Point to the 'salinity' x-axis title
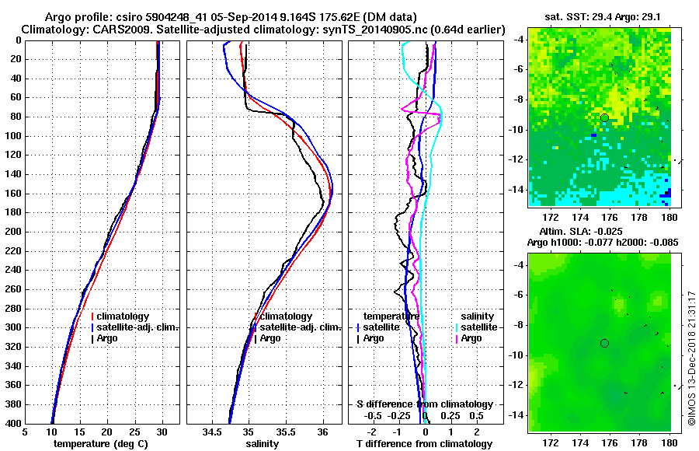coord(264,444)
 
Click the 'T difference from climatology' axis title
coord(426,444)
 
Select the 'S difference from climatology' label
coord(425,404)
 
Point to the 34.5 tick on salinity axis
coord(211,432)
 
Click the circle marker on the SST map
coord(604,117)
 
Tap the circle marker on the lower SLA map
coord(604,343)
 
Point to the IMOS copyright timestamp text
coord(690,358)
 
